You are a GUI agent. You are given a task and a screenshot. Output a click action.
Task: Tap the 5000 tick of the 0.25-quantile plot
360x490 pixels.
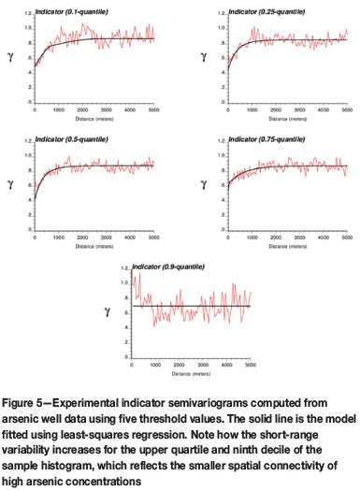[346, 109]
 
